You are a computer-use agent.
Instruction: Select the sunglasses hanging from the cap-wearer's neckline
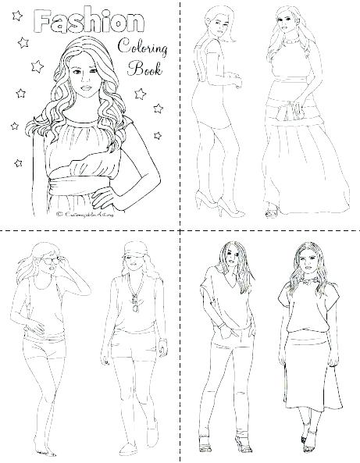pyautogui.click(x=133, y=309)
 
